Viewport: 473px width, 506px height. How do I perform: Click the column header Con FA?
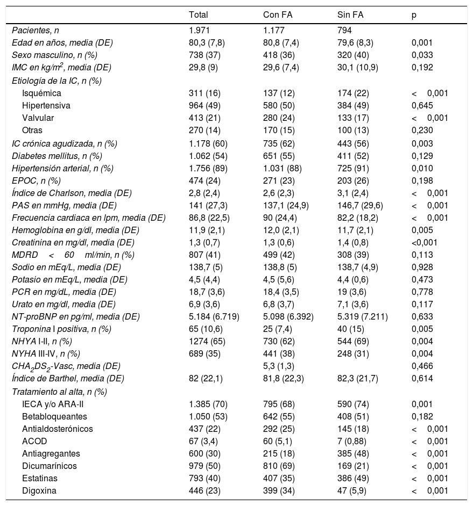click(x=276, y=15)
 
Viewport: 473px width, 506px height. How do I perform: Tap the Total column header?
click(x=199, y=15)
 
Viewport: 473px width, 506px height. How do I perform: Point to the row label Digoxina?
click(x=39, y=490)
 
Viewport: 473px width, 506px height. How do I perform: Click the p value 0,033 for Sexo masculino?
click(x=421, y=55)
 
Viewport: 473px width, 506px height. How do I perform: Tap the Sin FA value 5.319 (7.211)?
click(x=359, y=316)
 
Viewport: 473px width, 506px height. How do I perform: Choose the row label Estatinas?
click(x=40, y=478)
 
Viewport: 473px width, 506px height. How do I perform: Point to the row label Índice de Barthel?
click(x=68, y=378)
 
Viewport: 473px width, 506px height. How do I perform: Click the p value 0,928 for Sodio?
click(x=421, y=267)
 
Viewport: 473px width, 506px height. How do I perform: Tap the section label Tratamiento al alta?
click(x=59, y=391)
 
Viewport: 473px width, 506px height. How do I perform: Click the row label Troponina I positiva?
click(x=61, y=328)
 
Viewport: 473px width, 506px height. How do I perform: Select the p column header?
click(x=413, y=15)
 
